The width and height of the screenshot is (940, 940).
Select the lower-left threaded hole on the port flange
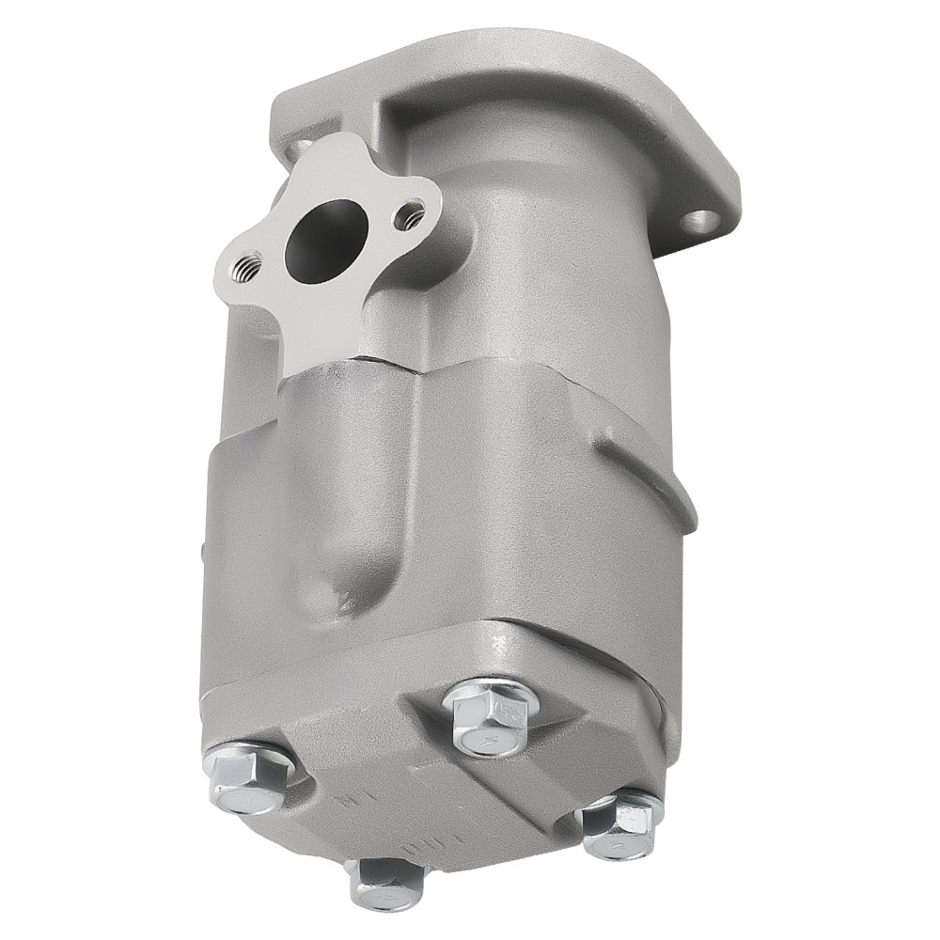(x=249, y=266)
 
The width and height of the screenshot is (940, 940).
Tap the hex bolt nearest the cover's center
(x=491, y=717)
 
